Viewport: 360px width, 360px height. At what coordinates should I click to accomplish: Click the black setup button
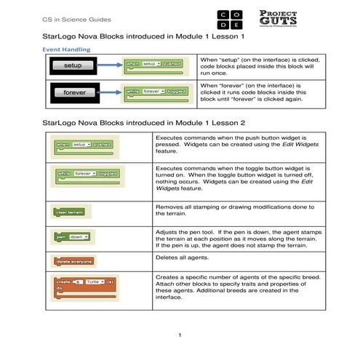tap(73, 65)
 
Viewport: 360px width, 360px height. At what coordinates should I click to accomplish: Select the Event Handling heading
tap(67, 49)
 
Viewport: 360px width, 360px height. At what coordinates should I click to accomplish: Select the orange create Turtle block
tap(84, 286)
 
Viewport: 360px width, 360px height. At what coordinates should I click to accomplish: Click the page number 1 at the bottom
tap(179, 335)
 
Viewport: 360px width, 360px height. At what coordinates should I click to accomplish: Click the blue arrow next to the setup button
tap(113, 65)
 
